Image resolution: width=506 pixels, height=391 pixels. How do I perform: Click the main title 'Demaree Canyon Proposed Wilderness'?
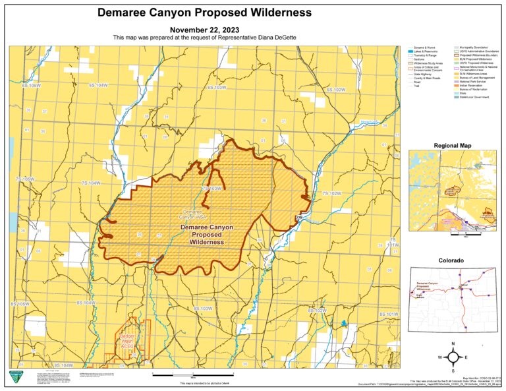(x=204, y=13)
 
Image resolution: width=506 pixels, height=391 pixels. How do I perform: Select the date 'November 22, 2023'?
(x=204, y=30)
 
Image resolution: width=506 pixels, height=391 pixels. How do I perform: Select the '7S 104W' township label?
(x=90, y=183)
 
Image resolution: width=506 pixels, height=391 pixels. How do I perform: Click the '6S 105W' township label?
(x=31, y=86)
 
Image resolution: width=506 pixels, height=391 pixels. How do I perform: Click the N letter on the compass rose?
(x=453, y=344)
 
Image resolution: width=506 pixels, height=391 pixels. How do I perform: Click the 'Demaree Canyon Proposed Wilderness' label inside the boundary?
(x=206, y=234)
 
